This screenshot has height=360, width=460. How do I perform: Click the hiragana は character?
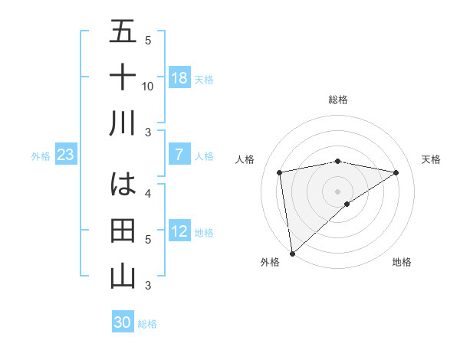pyautogui.click(x=123, y=185)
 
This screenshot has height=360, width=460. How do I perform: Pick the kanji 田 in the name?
pyautogui.click(x=123, y=230)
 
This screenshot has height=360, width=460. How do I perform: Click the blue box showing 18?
pyautogui.click(x=179, y=78)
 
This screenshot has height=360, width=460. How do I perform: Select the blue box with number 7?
pyautogui.click(x=179, y=155)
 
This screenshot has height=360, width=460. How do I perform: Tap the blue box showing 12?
pyautogui.click(x=179, y=232)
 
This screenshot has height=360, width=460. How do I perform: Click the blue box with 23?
pyautogui.click(x=65, y=155)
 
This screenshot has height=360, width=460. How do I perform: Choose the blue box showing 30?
pyautogui.click(x=123, y=322)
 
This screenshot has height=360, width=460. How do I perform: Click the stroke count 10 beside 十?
pyautogui.click(x=148, y=86)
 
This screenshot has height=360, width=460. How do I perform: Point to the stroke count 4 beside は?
pyautogui.click(x=148, y=193)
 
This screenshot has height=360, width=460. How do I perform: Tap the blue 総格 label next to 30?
pyautogui.click(x=147, y=324)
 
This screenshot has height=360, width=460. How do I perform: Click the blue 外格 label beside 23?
pyautogui.click(x=41, y=156)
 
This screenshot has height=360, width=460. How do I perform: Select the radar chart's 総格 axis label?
pyautogui.click(x=337, y=100)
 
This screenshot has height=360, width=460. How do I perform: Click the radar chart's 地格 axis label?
pyautogui.click(x=402, y=262)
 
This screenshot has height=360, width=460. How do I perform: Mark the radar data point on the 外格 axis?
pyautogui.click(x=292, y=253)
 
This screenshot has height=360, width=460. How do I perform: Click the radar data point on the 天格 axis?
pyautogui.click(x=396, y=172)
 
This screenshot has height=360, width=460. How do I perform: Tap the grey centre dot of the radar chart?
pyautogui.click(x=337, y=191)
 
